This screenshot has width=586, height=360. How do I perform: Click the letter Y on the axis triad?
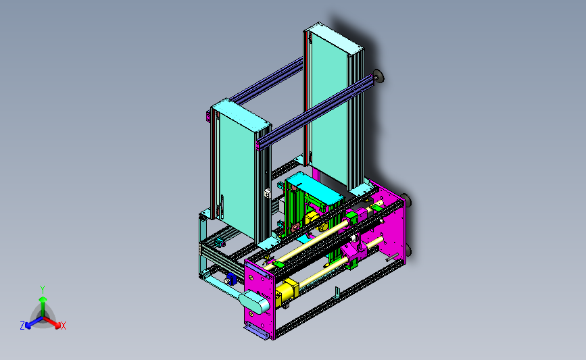[43, 290]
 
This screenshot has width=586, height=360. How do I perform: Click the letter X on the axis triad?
[63, 326]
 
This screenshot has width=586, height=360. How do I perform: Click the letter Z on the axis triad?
[22, 326]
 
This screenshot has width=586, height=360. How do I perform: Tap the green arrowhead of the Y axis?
[43, 299]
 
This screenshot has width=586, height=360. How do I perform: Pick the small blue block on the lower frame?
[231, 278]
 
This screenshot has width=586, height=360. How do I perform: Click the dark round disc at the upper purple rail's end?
[379, 76]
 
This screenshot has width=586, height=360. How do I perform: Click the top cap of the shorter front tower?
[241, 114]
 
